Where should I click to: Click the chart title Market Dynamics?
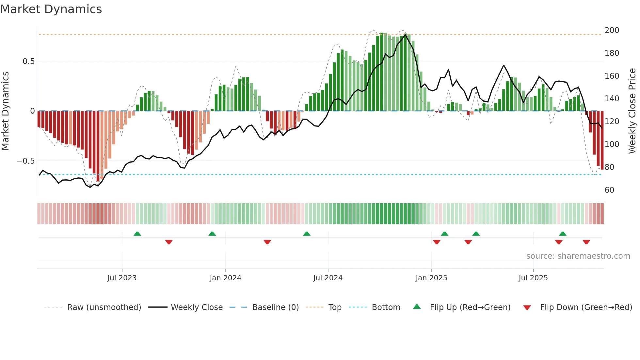(x=51, y=9)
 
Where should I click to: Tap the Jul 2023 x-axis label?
(x=122, y=278)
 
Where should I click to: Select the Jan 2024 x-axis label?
(x=225, y=278)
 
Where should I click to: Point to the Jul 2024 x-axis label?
(x=328, y=278)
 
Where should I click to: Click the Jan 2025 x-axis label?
(x=431, y=278)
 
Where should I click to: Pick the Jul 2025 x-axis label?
(x=533, y=278)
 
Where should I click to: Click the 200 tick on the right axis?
(x=612, y=30)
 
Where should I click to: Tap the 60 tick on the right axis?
(x=609, y=190)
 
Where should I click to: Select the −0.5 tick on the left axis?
(x=26, y=161)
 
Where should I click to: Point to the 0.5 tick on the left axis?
(x=28, y=61)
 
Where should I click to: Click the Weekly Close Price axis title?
(x=632, y=111)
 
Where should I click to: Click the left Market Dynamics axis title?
(x=5, y=111)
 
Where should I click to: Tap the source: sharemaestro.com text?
(x=578, y=256)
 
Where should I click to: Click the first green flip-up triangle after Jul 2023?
(x=137, y=234)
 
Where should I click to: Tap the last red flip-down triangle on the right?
(x=586, y=242)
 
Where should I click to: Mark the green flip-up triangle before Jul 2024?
(x=307, y=234)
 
